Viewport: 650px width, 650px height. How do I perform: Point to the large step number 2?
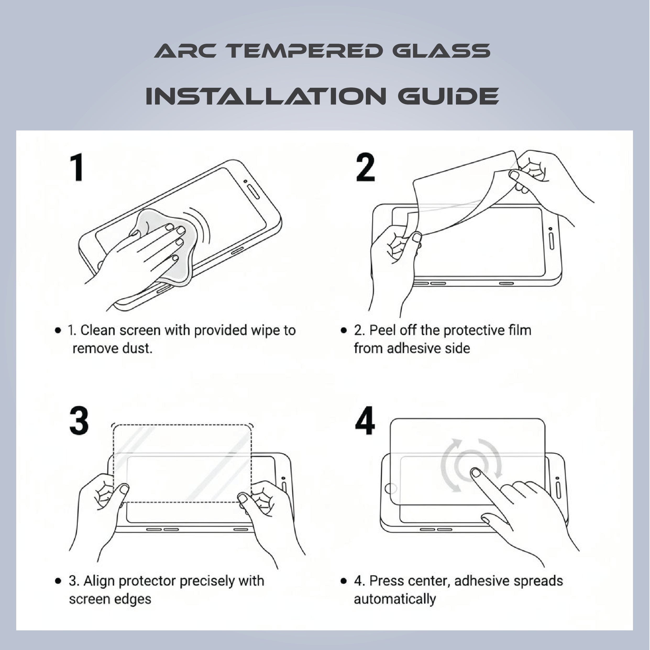365,167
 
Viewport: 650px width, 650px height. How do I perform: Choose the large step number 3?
79,420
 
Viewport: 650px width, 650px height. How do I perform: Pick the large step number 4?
365,420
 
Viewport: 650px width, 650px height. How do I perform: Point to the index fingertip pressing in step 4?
475,473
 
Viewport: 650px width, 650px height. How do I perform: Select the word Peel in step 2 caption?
382,330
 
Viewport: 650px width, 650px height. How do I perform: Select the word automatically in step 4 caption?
395,599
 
